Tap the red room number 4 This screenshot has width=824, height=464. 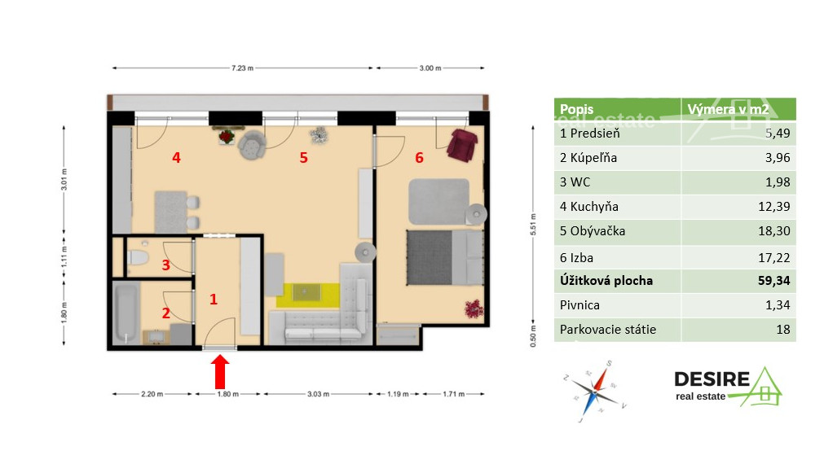[176, 157]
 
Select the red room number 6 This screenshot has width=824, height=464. [419, 158]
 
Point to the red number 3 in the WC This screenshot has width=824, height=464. [165, 265]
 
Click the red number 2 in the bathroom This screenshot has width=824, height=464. [165, 313]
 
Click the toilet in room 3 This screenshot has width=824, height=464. [138, 260]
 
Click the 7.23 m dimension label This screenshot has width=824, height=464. [242, 68]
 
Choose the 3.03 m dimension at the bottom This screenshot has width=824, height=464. [319, 395]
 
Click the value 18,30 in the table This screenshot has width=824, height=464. [773, 231]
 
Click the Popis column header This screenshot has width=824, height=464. [577, 109]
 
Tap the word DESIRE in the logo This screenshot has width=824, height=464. [711, 379]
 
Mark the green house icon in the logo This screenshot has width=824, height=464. [764, 388]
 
